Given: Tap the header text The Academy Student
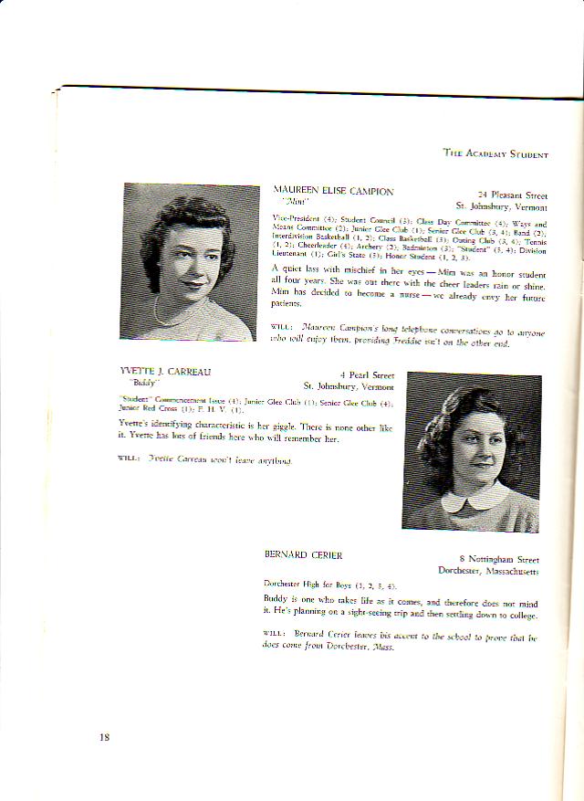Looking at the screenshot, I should pyautogui.click(x=495, y=153).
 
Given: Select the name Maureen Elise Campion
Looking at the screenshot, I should pyautogui.click(x=333, y=192).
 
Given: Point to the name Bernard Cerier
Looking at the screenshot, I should pyautogui.click(x=297, y=554).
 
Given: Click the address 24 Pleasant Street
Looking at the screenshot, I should pyautogui.click(x=512, y=195).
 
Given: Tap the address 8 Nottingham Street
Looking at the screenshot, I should pyautogui.click(x=498, y=559).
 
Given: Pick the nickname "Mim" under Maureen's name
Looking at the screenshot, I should pyautogui.click(x=295, y=202).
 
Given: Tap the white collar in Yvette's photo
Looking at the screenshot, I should pyautogui.click(x=474, y=500).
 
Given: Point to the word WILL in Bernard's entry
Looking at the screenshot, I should pyautogui.click(x=275, y=633).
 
